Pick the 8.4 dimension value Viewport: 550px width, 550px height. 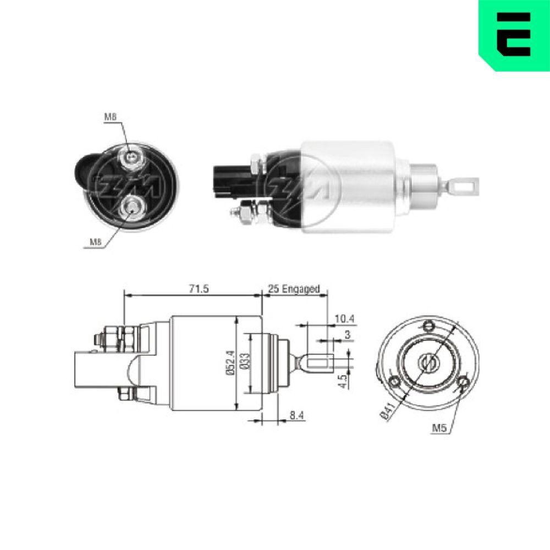(x=297, y=416)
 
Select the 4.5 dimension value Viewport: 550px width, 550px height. (x=342, y=381)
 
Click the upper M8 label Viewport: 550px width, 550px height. (x=111, y=117)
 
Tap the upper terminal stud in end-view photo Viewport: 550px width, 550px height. (x=132, y=158)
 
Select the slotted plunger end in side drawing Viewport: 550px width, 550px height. (x=317, y=364)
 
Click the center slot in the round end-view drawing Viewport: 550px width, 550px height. (x=427, y=362)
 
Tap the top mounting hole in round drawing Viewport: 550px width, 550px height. (x=427, y=327)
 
